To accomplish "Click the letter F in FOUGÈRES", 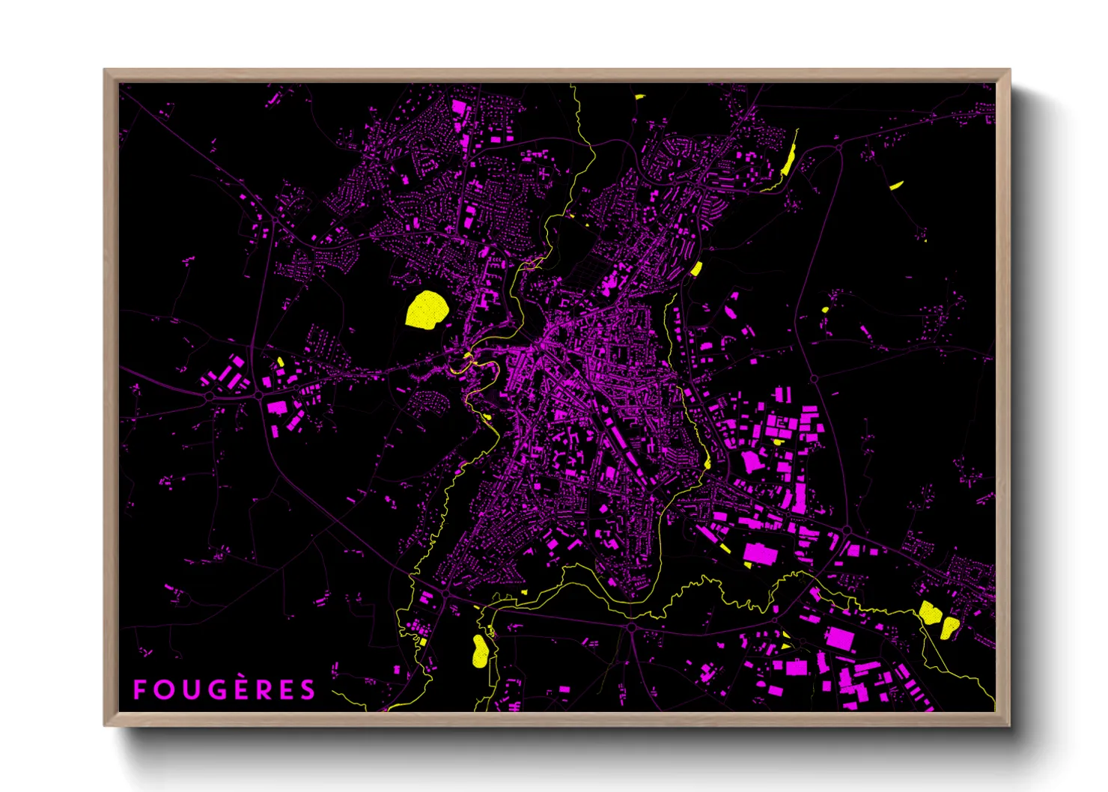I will (x=140, y=689).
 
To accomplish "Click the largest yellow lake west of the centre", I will (x=427, y=310).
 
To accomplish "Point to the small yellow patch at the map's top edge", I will (x=640, y=97).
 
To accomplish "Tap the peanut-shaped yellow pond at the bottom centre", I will (x=480, y=651).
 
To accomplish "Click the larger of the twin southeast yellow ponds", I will (x=930, y=612).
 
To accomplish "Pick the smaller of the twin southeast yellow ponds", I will (x=949, y=627).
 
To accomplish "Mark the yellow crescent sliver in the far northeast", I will (x=895, y=185).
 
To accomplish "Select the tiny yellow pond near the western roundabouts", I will (x=280, y=362).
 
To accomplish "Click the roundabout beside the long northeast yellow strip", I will (x=838, y=148).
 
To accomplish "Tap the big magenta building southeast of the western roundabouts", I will (x=277, y=406).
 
